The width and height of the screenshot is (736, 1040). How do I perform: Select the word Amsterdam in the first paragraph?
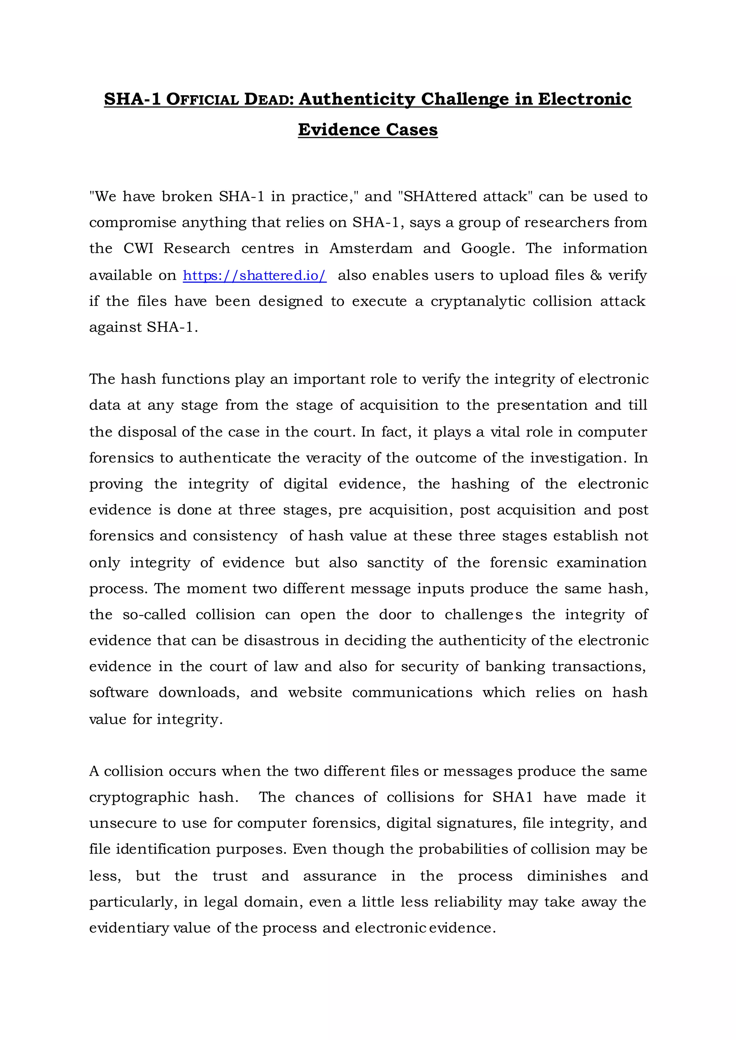(x=371, y=249)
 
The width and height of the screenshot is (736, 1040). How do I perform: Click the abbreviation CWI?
(x=138, y=249)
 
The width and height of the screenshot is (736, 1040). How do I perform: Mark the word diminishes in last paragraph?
(x=566, y=876)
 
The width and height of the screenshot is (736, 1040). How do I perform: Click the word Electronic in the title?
(x=584, y=99)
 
